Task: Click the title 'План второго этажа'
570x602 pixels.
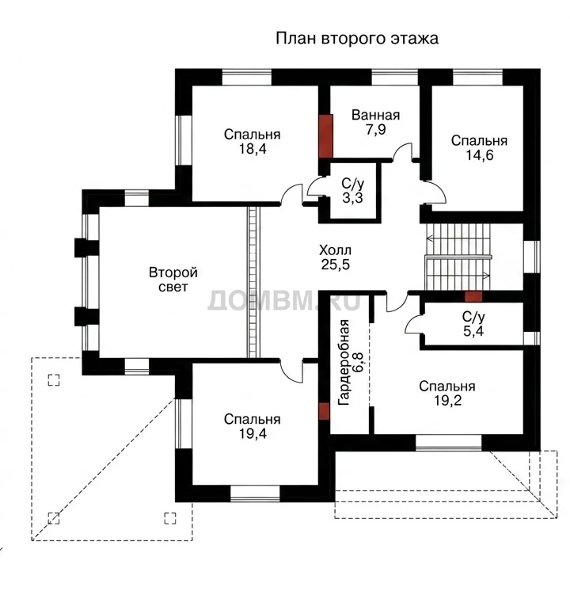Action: click(x=356, y=39)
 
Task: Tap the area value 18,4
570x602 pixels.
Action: click(x=253, y=149)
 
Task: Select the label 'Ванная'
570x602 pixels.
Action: click(x=375, y=115)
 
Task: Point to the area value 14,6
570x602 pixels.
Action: click(x=480, y=155)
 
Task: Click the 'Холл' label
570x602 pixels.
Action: click(x=335, y=250)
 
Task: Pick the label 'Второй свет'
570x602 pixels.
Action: click(x=173, y=280)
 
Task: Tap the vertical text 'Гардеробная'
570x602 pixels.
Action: click(x=344, y=363)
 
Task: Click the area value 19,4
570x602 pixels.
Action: click(x=253, y=433)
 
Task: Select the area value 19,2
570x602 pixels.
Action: click(x=447, y=401)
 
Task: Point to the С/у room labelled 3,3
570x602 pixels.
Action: click(x=353, y=191)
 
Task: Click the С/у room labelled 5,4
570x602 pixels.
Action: click(x=473, y=324)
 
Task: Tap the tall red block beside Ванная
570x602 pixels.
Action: click(x=325, y=136)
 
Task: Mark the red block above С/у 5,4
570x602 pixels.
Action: click(x=473, y=296)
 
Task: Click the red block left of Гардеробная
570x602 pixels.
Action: click(x=325, y=411)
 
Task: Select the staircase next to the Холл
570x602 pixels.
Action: click(x=458, y=257)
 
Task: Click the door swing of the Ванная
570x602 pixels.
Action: click(x=402, y=150)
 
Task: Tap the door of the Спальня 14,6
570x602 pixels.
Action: click(x=435, y=192)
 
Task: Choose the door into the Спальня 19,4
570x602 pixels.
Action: click(x=291, y=371)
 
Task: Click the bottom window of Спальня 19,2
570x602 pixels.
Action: click(x=448, y=442)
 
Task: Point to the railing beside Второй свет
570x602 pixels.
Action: click(x=253, y=282)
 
